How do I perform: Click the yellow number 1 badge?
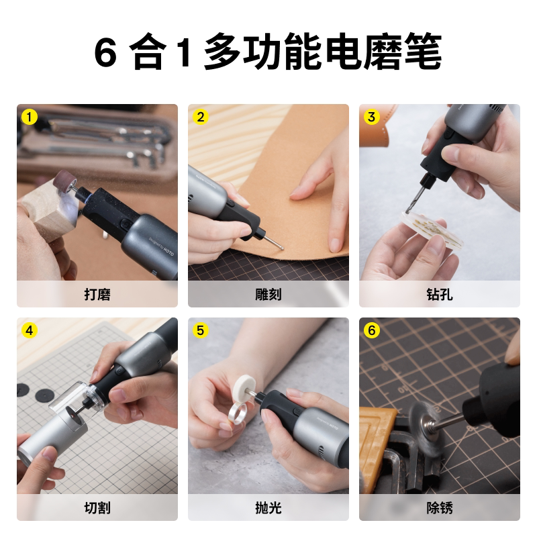(30, 117)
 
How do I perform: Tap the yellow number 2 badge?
(201, 117)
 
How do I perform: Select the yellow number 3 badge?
(372, 117)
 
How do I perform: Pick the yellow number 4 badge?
(30, 330)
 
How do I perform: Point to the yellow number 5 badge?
(201, 330)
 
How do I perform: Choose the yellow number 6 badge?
(372, 330)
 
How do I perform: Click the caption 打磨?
(97, 295)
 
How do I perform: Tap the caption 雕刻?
(268, 295)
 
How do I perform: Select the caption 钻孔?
(440, 295)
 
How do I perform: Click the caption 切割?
(97, 508)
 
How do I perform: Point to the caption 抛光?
(268, 508)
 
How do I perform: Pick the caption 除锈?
(440, 508)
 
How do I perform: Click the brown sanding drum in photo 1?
(64, 181)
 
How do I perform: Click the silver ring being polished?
(237, 414)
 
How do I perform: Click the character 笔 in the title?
(423, 52)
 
